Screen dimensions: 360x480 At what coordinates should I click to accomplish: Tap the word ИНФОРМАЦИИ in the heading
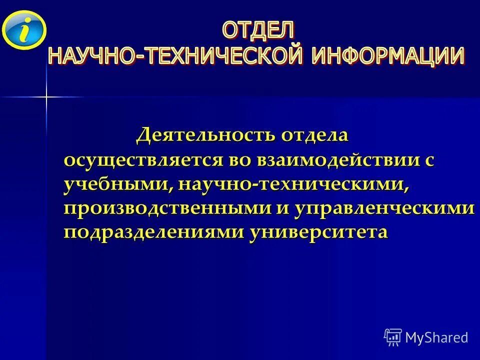point(388,55)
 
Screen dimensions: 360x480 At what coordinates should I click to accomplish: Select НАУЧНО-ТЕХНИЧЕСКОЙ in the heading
point(175,55)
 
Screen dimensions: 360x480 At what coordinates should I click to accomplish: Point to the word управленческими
point(383,208)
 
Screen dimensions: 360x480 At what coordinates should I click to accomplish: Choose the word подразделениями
point(153,232)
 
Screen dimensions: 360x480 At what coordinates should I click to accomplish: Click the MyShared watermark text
point(436,337)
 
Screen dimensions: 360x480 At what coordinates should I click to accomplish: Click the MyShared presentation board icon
point(393,337)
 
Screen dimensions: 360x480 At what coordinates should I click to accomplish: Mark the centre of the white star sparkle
point(46,96)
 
